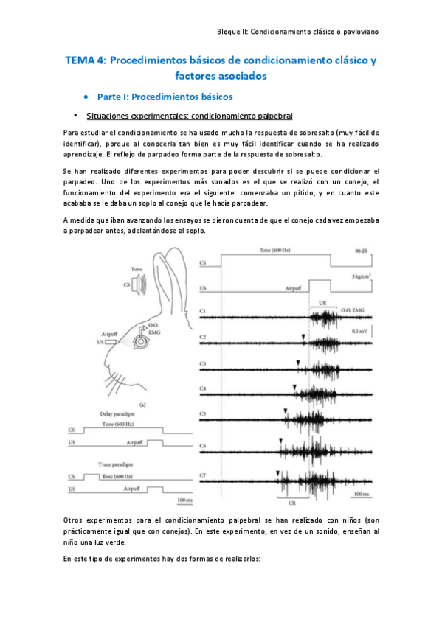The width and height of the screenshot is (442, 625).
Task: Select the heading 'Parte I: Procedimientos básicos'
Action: click(x=165, y=97)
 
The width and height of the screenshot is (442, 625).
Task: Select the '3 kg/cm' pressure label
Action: click(x=359, y=276)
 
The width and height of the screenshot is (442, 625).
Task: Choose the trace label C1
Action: click(x=203, y=312)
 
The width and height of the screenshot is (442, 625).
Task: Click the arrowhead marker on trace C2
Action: click(x=303, y=336)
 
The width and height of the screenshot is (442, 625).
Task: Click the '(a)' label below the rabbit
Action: click(x=142, y=404)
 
